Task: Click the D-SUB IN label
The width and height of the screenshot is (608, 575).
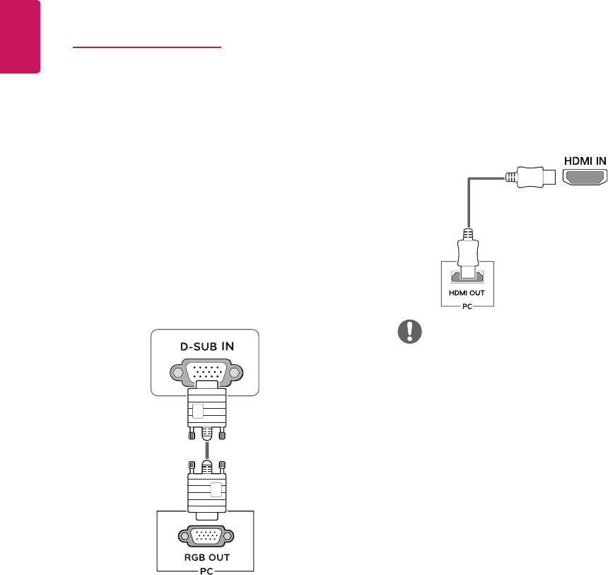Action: pos(205,347)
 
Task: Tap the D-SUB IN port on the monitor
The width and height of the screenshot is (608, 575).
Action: pos(205,373)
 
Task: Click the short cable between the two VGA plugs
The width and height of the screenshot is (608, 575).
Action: pos(205,451)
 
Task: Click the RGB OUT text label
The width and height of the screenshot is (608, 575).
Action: pos(205,557)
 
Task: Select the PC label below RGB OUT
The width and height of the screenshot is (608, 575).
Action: pos(205,568)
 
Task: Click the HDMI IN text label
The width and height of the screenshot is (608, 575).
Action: pos(584,161)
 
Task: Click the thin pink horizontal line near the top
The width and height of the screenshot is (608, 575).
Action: pos(147,49)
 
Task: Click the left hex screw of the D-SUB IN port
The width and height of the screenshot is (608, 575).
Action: pos(175,373)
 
